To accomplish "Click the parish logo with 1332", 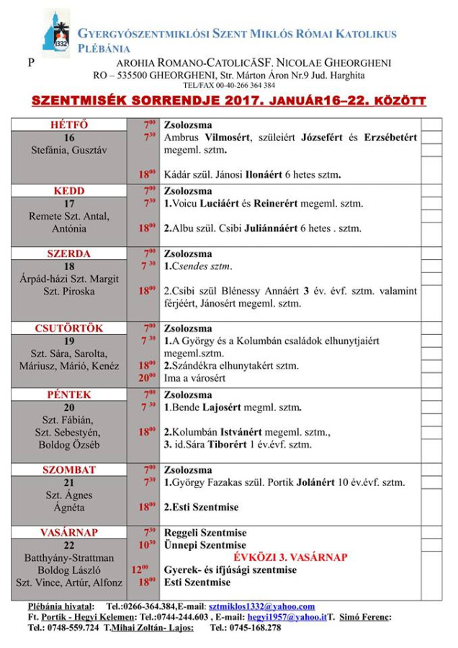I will [56, 33].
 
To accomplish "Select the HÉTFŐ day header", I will [69, 125].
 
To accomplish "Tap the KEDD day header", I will [69, 191].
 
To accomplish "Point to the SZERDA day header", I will [69, 253].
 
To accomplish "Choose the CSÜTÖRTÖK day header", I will [69, 328].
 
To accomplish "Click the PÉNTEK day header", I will [69, 395].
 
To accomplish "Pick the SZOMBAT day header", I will [69, 469].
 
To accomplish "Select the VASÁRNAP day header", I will [69, 532].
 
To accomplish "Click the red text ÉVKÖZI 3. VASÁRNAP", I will [291, 557].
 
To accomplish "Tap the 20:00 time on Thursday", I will [147, 377].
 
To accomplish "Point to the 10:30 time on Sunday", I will [147, 545].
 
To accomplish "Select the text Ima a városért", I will [195, 378].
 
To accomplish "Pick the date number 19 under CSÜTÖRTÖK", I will [69, 341].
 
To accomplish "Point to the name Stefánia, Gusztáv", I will [69, 150].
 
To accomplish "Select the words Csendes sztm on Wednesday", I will [201, 266].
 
